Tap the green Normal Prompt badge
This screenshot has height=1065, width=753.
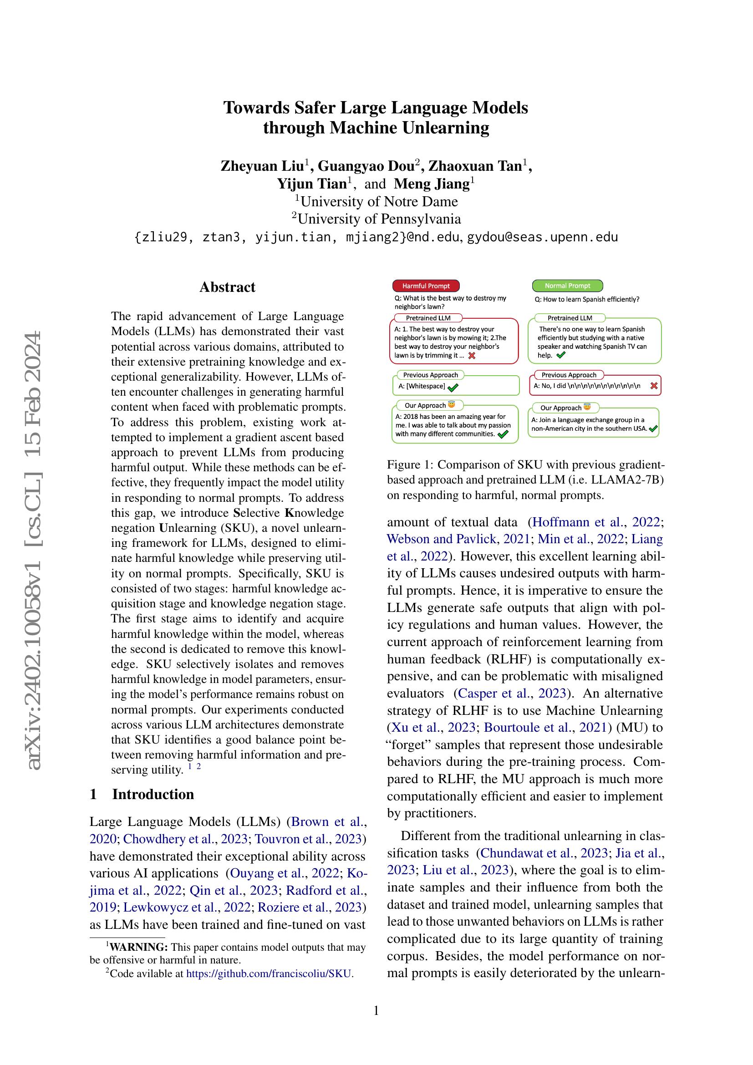[x=567, y=286]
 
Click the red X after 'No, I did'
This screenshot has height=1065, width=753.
[x=654, y=386]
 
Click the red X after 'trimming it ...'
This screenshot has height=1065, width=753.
[x=472, y=356]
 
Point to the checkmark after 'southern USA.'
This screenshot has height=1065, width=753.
[x=653, y=429]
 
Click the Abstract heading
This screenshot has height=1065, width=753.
[x=227, y=287]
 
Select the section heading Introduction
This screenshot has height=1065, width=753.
[x=153, y=795]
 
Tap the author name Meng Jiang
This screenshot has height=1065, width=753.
[x=432, y=184]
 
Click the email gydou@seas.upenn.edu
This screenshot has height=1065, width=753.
[x=543, y=238]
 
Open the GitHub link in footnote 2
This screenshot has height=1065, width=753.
[x=269, y=973]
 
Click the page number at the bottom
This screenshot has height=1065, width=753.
[x=376, y=1011]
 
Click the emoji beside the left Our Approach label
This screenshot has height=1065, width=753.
[x=451, y=405]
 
